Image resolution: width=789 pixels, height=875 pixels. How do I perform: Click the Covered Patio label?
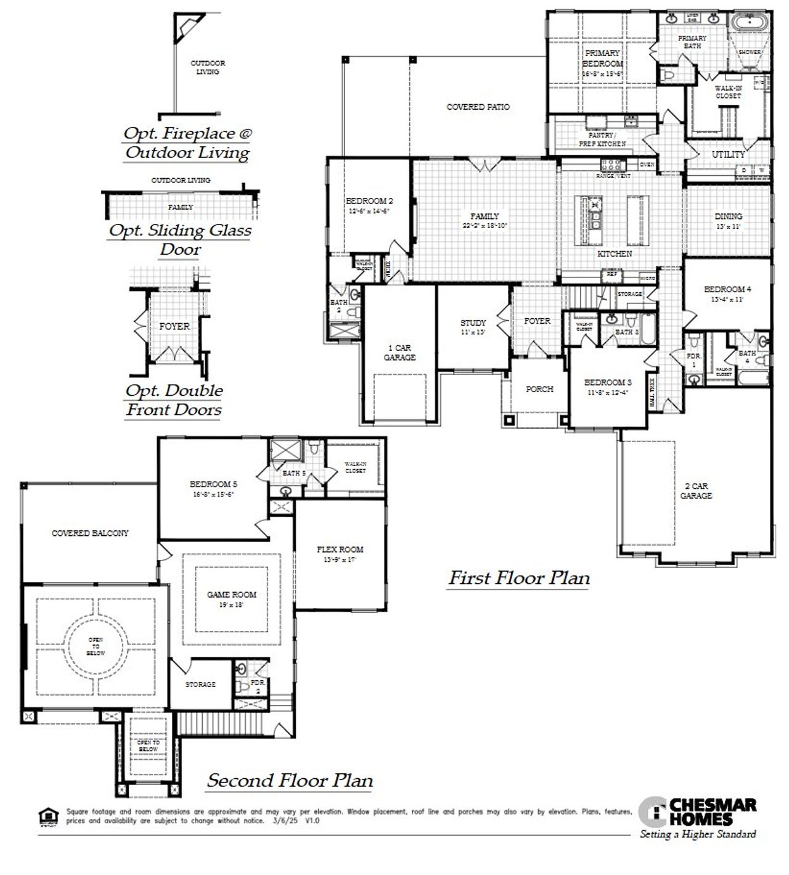(478, 107)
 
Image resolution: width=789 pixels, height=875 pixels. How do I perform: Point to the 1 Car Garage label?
(399, 353)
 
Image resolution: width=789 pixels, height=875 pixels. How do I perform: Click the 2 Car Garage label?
(696, 491)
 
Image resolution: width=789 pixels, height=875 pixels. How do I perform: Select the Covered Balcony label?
(90, 533)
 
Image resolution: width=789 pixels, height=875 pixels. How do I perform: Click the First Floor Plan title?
(518, 578)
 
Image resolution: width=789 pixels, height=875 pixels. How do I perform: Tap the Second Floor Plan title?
(290, 781)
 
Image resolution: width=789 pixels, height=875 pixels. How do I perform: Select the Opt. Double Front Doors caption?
(174, 400)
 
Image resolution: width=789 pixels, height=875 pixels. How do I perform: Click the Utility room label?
(728, 154)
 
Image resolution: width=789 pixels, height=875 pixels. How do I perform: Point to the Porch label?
(539, 389)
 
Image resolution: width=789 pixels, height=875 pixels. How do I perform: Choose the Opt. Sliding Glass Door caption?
(180, 239)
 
